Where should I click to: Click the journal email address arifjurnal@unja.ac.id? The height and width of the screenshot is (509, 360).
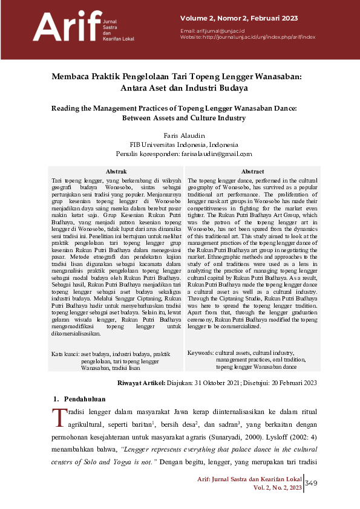click(x=219, y=30)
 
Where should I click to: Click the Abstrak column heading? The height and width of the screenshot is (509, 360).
click(x=116, y=172)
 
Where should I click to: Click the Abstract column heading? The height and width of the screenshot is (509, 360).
click(x=252, y=172)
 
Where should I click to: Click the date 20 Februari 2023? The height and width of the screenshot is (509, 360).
click(x=295, y=383)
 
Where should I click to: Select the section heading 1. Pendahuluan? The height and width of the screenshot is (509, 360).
click(x=80, y=399)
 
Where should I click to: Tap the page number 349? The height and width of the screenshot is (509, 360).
click(x=312, y=482)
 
